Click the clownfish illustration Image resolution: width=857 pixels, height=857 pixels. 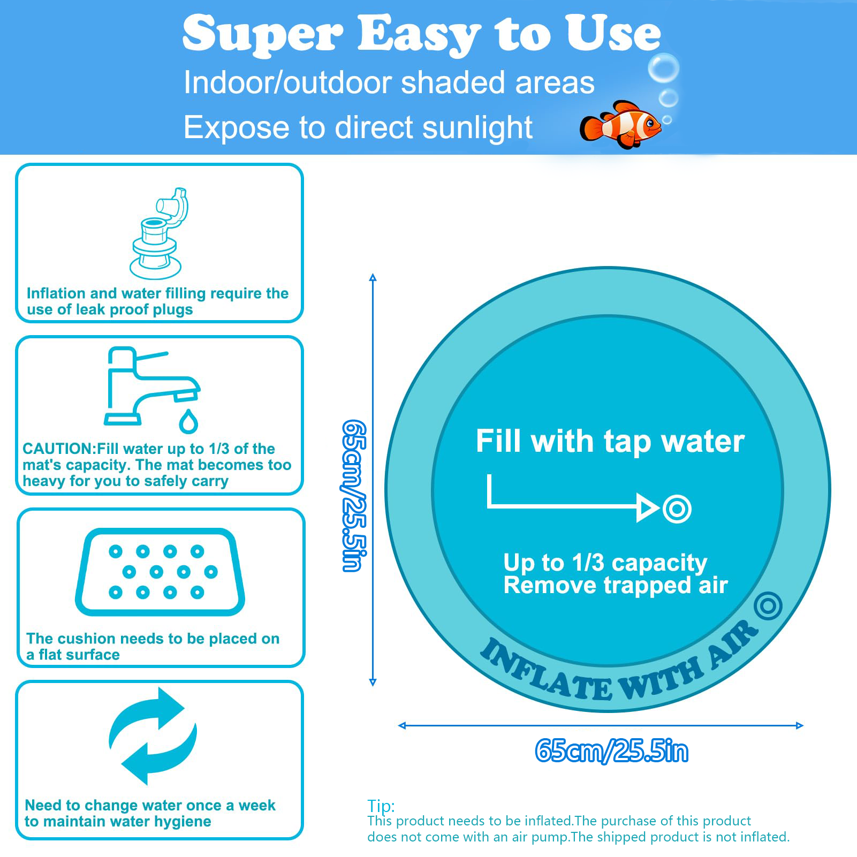(621, 125)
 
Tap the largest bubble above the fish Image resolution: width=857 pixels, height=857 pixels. (663, 68)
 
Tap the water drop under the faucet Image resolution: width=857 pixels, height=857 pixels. (188, 422)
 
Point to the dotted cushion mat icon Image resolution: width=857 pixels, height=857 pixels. (160, 572)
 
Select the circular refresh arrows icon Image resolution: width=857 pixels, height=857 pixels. (153, 736)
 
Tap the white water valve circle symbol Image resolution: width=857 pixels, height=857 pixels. (677, 509)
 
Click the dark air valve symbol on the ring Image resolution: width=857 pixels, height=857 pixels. (768, 605)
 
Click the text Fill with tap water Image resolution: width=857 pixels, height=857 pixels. (610, 442)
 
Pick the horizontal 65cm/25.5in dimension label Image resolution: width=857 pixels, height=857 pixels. (611, 750)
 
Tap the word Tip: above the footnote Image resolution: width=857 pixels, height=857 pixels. (381, 806)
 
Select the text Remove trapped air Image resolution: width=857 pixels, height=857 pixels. (615, 586)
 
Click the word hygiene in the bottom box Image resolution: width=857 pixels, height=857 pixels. (183, 822)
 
